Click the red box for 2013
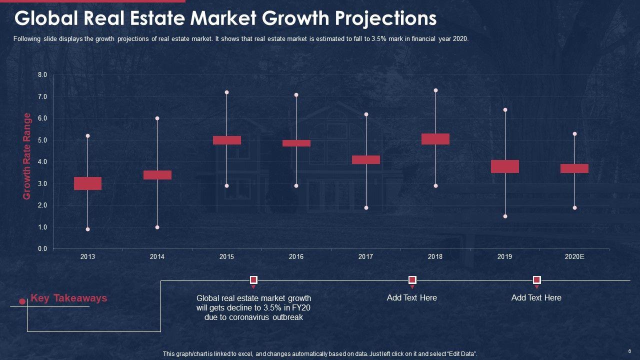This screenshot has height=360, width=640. coord(87,183)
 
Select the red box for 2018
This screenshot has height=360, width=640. coord(435,139)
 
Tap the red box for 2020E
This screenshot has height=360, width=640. coord(574,168)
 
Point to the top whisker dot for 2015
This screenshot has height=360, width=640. coord(226,92)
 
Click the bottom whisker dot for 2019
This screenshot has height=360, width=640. coord(505,216)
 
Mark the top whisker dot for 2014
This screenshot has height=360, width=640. coord(157,118)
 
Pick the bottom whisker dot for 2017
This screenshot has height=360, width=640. coord(366,207)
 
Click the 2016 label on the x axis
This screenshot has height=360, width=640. coord(296,257)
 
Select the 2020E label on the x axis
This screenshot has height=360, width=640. coord(574,257)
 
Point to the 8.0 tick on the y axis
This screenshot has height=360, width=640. coord(42,75)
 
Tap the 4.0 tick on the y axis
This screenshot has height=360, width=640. coord(42,162)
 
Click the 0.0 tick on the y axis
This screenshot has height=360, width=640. coord(42,249)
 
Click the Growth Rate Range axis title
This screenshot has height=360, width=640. coord(27,156)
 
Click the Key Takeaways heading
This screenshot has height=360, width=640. coord(69,298)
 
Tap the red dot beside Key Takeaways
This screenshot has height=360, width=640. coord(22,301)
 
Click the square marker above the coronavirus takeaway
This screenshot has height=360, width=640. coord(253,279)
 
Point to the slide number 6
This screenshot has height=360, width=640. coord(629,351)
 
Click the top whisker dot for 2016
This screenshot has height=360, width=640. coord(296,95)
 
